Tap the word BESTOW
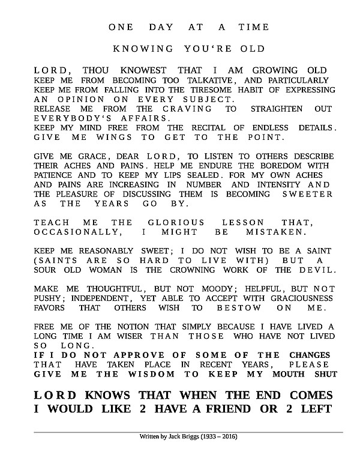[239, 307]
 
